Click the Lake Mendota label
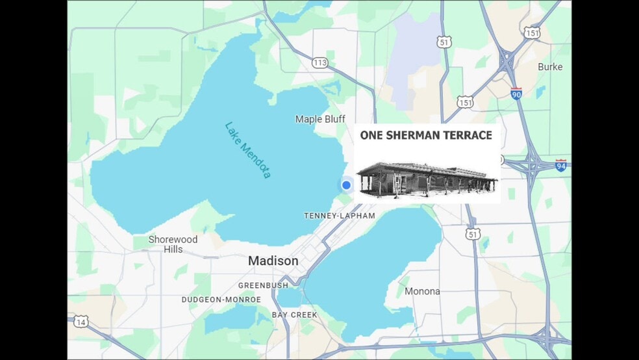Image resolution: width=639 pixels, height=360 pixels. (248, 150)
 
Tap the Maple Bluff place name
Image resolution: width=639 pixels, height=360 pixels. (319, 119)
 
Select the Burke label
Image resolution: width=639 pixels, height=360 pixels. (550, 67)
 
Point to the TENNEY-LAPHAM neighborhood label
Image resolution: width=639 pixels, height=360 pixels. (339, 216)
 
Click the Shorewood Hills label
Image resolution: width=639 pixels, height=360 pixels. (173, 244)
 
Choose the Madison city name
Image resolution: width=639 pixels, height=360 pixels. (273, 261)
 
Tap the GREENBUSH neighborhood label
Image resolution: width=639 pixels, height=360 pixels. (263, 286)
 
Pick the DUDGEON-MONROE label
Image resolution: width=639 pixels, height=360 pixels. (221, 300)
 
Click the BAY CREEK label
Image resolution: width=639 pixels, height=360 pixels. (295, 315)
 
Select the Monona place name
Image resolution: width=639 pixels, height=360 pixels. (422, 291)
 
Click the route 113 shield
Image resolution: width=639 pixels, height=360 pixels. (319, 62)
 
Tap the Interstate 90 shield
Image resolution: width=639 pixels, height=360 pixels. (516, 93)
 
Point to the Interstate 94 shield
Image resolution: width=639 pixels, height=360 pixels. (560, 166)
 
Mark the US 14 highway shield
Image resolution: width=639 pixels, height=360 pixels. (81, 322)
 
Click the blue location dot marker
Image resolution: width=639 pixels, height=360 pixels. (346, 185)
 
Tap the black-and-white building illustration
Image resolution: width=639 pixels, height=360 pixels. (427, 178)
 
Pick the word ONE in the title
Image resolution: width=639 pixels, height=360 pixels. (373, 136)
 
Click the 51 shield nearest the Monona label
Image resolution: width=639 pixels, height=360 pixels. (472, 233)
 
